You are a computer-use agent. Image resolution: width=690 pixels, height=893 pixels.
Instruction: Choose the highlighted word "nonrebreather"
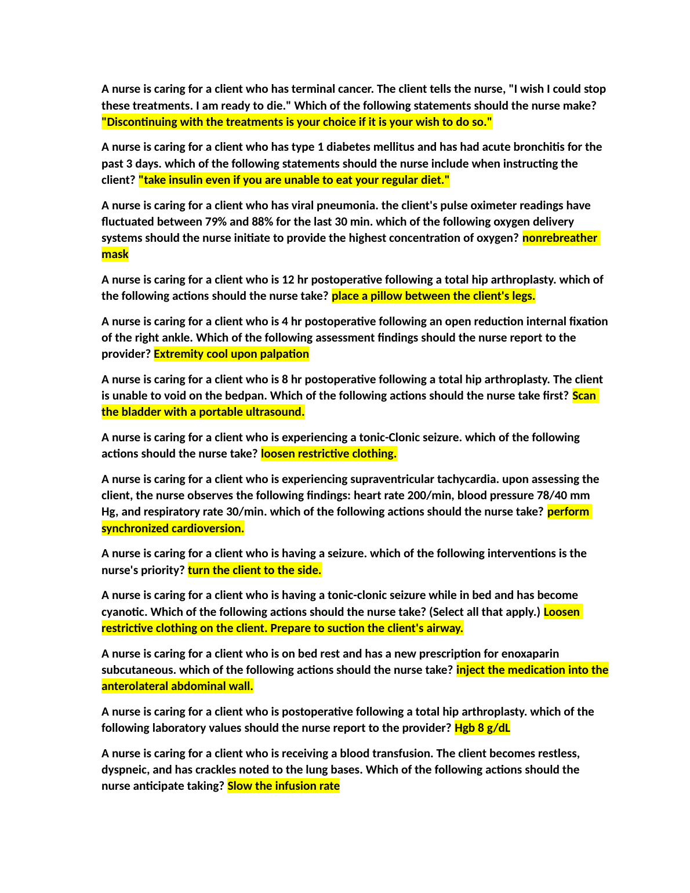tap(560, 238)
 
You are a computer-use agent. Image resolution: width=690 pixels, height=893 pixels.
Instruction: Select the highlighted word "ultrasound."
tap(275, 412)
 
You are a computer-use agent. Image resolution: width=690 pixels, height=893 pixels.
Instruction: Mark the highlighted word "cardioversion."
tap(208, 528)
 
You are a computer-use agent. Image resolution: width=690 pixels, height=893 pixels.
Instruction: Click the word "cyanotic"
tap(124, 612)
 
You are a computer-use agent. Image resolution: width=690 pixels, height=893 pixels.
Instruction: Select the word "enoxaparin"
tap(530, 654)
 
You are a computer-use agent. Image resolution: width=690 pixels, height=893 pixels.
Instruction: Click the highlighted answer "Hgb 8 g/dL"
tap(482, 728)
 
